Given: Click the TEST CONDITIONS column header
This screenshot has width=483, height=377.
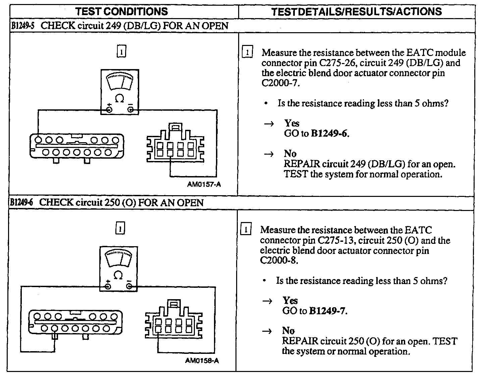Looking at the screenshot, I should tap(121, 11).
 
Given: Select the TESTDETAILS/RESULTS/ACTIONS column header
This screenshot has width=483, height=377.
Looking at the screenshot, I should tap(356, 11).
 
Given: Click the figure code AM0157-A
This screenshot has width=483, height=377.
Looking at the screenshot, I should tap(204, 184).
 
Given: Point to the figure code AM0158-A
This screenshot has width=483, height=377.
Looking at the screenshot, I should tap(202, 361).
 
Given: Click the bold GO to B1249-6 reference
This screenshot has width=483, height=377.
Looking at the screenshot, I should tap(330, 133).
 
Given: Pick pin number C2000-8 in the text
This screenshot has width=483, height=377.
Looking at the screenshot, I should tap(278, 260).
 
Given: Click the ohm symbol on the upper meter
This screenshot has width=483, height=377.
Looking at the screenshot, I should tap(119, 98).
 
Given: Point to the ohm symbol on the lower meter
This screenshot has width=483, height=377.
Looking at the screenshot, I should tap(118, 275).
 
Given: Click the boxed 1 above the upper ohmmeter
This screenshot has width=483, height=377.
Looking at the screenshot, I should tap(121, 51).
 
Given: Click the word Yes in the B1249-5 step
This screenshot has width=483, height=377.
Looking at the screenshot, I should tap(291, 123).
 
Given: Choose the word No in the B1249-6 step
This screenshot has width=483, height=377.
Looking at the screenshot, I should tap(288, 330).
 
